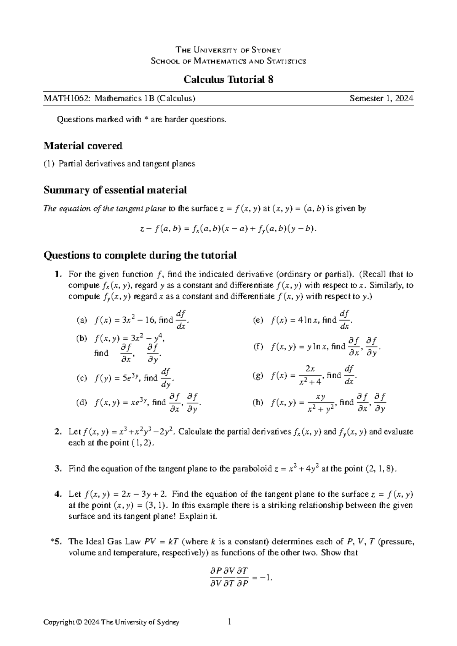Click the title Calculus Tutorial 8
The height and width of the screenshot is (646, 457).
(228, 80)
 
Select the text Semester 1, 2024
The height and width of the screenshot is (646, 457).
(382, 99)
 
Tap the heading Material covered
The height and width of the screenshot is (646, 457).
(83, 146)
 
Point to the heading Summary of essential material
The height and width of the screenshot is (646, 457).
(115, 190)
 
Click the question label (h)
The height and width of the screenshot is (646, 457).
(258, 403)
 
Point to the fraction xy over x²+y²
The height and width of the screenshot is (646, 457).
(321, 403)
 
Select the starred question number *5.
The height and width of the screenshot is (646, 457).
(56, 542)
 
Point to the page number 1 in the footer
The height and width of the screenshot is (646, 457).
(229, 622)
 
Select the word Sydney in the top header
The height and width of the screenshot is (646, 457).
(268, 50)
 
